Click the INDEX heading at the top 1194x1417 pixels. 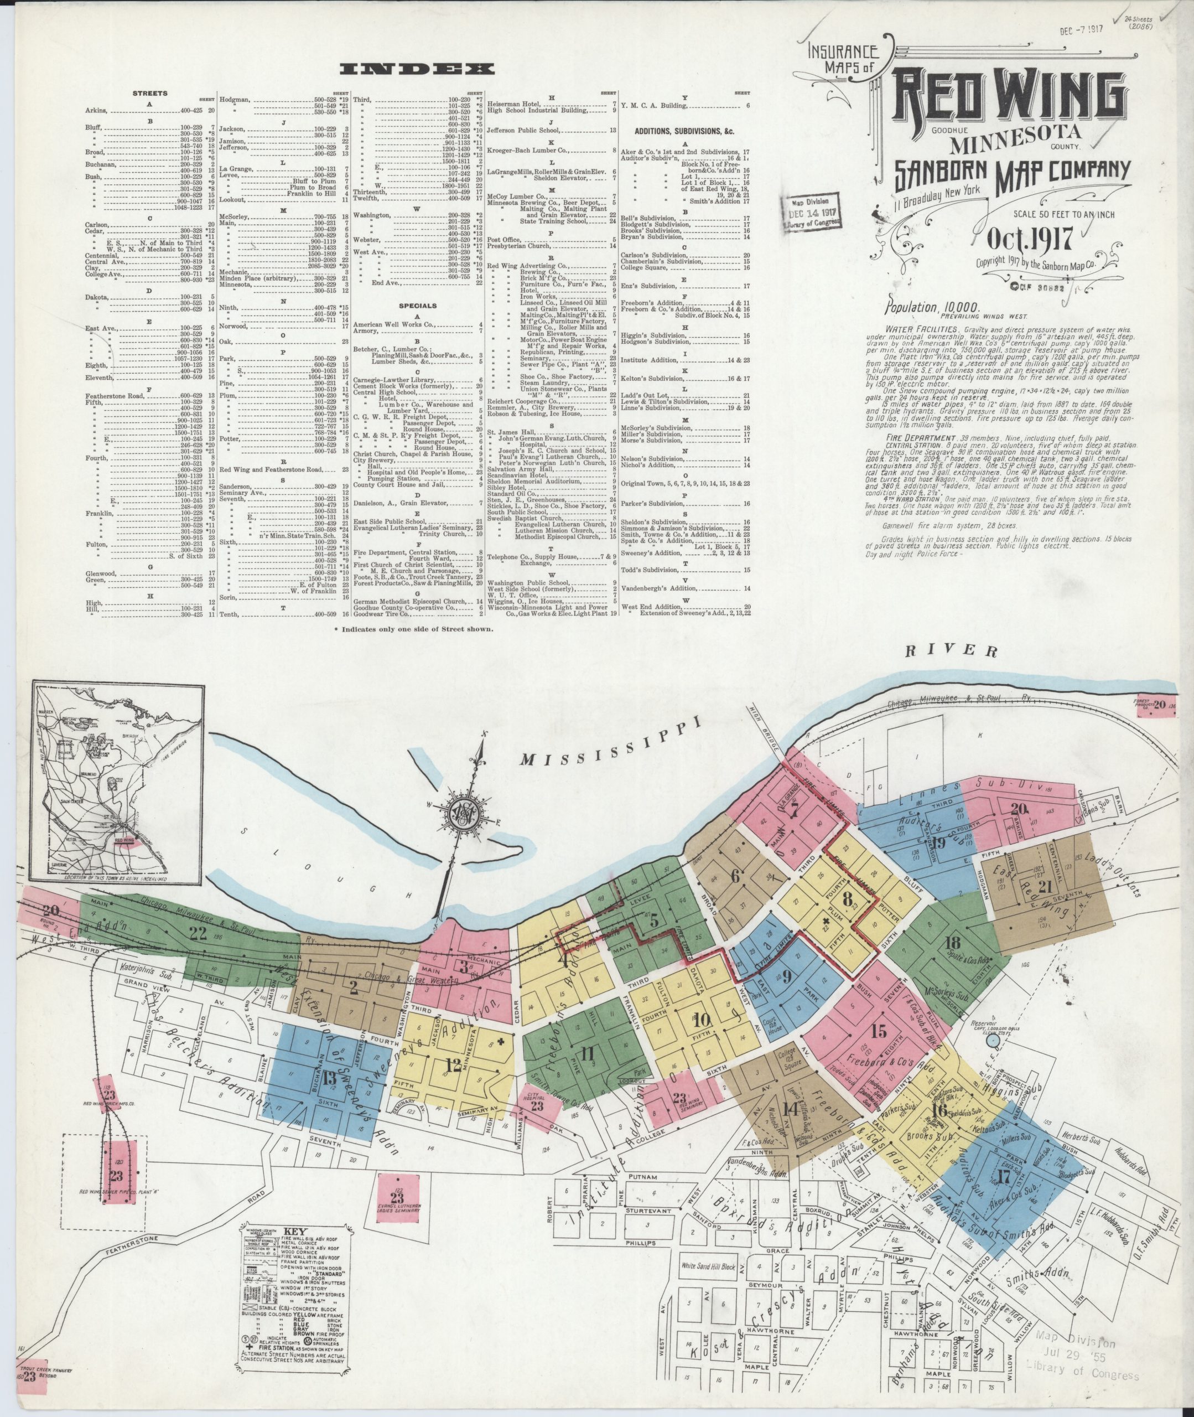click(418, 69)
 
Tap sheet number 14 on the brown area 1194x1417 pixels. click(788, 1108)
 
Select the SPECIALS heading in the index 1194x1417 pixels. click(417, 306)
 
